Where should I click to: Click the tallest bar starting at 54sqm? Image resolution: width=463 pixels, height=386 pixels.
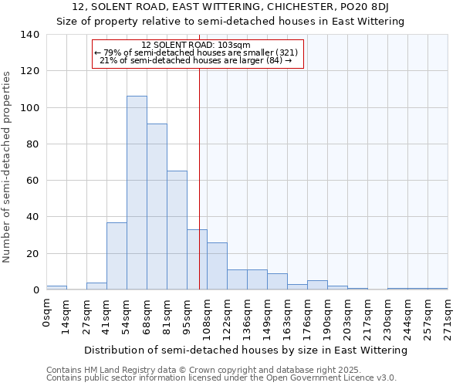(x=137, y=193)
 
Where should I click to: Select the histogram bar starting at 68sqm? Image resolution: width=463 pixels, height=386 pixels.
(x=157, y=207)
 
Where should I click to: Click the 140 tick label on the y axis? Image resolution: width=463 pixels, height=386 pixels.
(x=31, y=35)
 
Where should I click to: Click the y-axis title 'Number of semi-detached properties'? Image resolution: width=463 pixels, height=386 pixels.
(x=8, y=167)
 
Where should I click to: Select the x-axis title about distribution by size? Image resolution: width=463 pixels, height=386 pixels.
(x=245, y=350)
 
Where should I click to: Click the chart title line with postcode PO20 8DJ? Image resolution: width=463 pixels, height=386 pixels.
(x=230, y=7)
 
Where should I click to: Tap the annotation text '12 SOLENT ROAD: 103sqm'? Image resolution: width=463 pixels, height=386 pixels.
(x=198, y=45)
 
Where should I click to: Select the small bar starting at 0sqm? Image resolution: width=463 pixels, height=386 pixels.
(x=56, y=288)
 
